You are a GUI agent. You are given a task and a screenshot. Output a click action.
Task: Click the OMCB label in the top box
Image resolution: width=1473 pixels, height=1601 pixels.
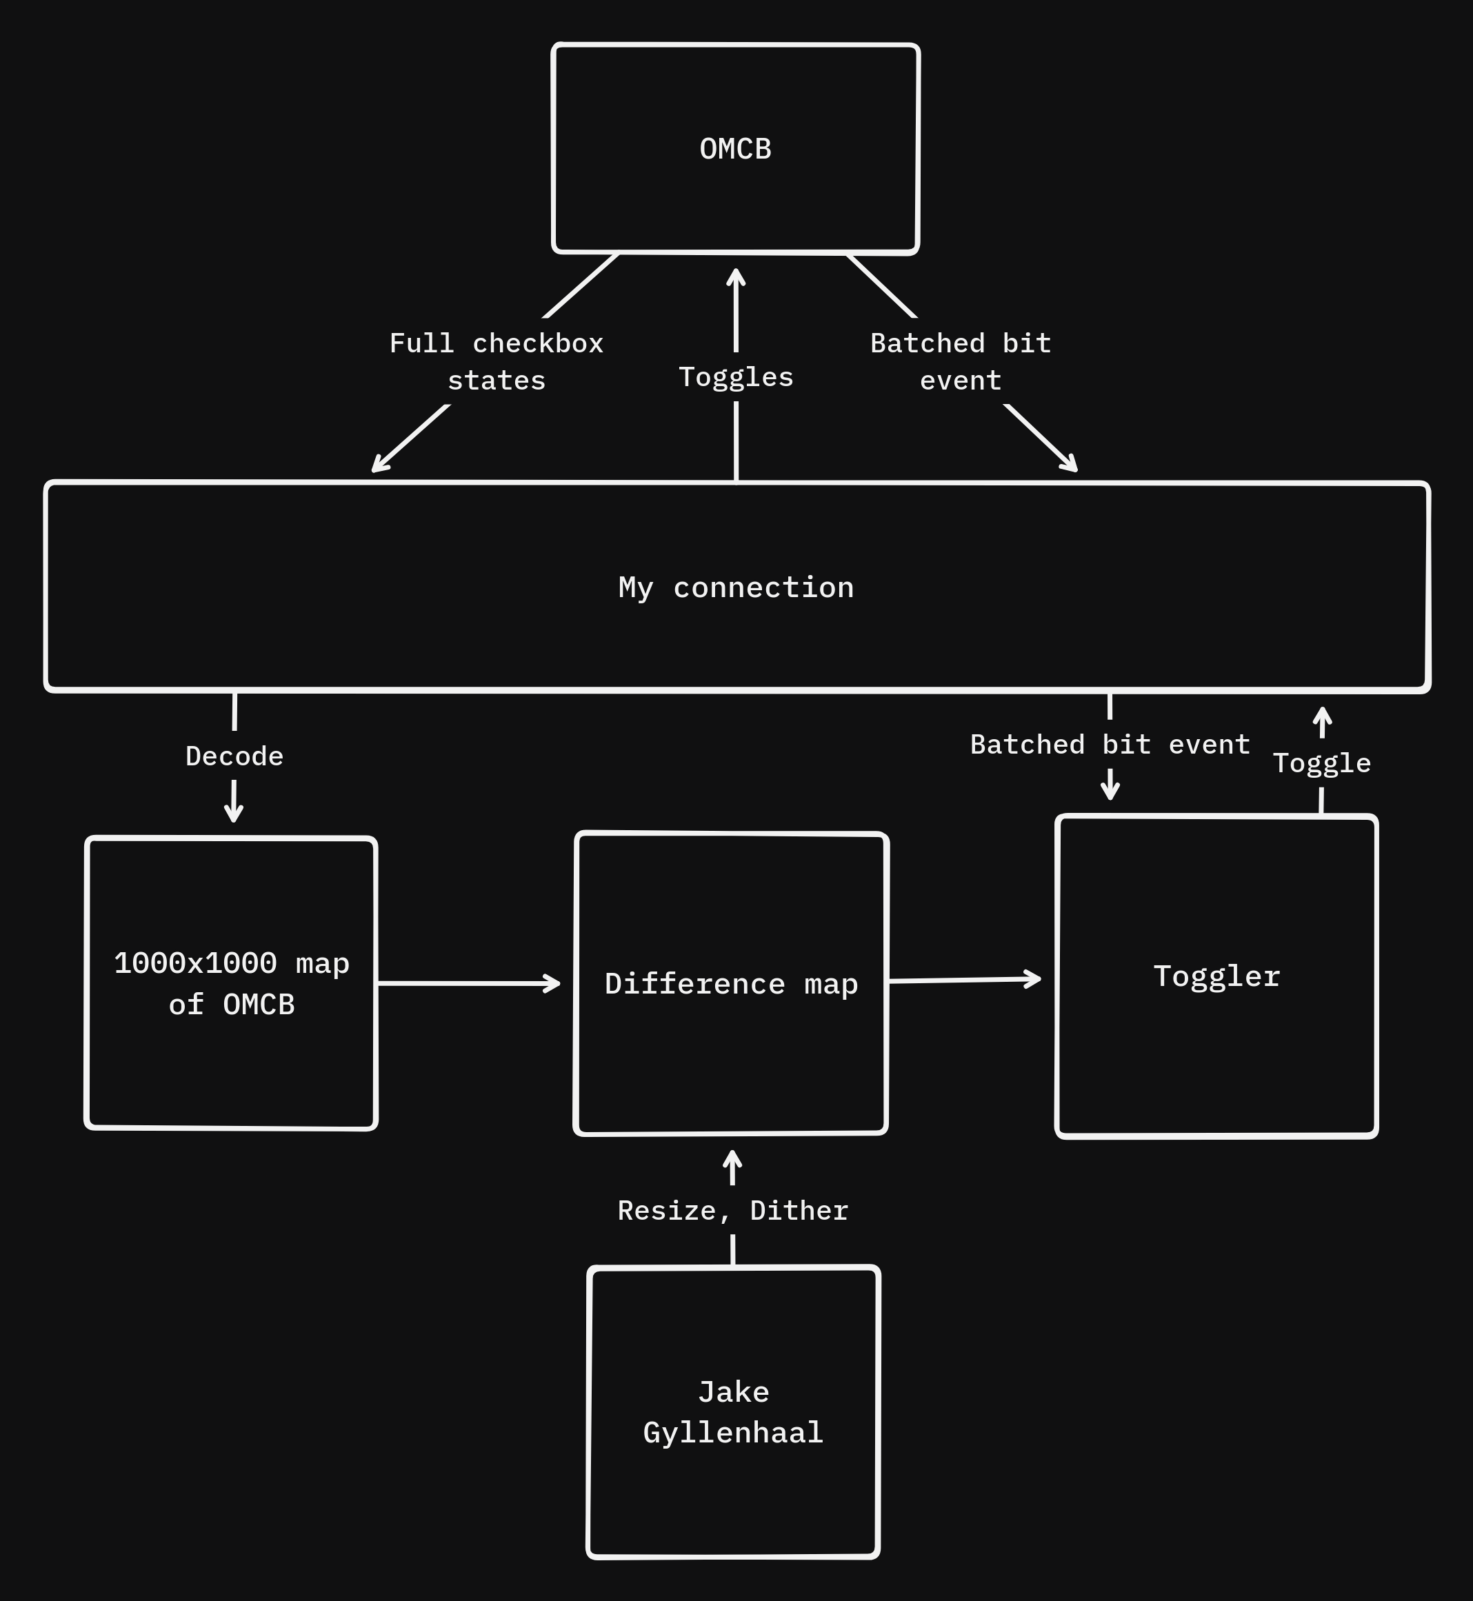[x=735, y=149]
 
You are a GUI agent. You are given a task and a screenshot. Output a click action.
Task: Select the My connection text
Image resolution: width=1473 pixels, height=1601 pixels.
[x=736, y=587]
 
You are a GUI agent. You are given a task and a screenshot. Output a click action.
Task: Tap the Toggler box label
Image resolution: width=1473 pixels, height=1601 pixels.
[x=1216, y=976]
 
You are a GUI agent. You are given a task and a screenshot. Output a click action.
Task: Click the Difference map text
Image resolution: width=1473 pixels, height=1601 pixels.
[x=731, y=983]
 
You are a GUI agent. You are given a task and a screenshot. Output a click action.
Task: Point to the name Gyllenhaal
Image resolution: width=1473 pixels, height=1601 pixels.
[x=732, y=1433]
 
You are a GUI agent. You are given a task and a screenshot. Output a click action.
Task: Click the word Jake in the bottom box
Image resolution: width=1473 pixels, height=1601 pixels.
[x=733, y=1392]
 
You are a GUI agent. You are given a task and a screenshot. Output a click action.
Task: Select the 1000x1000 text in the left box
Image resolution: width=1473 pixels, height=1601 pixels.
[x=195, y=963]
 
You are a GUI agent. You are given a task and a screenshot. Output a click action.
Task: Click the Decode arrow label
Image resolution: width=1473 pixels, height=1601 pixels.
[x=234, y=756]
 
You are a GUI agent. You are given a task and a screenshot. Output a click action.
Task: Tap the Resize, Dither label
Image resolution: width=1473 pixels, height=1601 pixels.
[x=732, y=1211]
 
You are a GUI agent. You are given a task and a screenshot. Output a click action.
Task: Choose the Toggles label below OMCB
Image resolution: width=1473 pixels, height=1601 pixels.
[x=736, y=377]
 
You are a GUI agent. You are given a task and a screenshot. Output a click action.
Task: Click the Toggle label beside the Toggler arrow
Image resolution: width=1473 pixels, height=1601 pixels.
[x=1321, y=763]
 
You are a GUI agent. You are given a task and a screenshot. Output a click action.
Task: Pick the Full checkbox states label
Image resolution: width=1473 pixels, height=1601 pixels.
[x=496, y=362]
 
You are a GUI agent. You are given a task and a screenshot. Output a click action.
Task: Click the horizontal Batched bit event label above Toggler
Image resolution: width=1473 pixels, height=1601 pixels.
[x=1110, y=745]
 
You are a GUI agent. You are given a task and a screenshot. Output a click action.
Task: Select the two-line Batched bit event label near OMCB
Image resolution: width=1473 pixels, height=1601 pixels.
[x=961, y=362]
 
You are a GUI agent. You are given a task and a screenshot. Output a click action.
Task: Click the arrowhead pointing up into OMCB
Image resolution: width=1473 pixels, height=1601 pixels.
[x=736, y=276]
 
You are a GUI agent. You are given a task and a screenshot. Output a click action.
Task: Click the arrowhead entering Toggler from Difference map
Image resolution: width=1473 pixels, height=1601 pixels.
[x=1034, y=978]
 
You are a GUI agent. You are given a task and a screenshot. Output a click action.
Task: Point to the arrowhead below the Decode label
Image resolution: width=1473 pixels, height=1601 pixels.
[x=234, y=814]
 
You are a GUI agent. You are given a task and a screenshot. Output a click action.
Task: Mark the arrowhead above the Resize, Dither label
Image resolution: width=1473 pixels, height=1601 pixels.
[x=732, y=1159]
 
